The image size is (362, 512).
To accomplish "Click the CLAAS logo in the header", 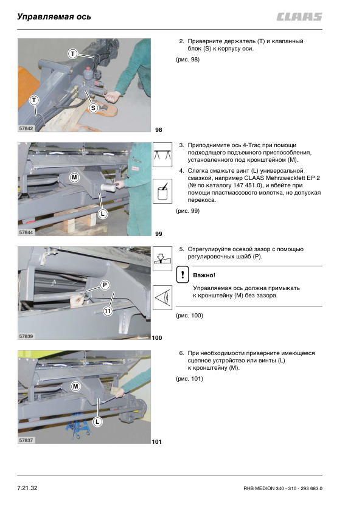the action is (x=299, y=16).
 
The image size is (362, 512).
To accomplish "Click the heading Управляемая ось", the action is (x=54, y=16).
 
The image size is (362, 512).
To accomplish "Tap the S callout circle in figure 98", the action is (x=94, y=108).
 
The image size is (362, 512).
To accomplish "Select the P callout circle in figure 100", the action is (x=105, y=285).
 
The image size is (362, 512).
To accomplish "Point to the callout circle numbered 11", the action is (x=108, y=311).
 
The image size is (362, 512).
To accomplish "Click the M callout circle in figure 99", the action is (x=74, y=178).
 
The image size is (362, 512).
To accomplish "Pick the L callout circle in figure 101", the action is (x=97, y=421).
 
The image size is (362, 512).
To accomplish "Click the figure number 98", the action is (x=158, y=130).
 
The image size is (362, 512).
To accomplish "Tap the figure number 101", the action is (x=157, y=442).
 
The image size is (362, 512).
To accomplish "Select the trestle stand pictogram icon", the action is (x=162, y=155).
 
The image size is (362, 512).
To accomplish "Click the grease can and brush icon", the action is (x=162, y=191).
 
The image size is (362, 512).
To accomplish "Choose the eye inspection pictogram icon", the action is (x=162, y=297).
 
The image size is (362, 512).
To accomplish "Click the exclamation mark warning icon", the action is (x=183, y=274).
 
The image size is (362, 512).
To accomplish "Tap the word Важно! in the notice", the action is (x=204, y=275).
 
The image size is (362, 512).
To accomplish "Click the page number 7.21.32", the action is (x=27, y=488).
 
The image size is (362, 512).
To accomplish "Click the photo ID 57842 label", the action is (x=26, y=128).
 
